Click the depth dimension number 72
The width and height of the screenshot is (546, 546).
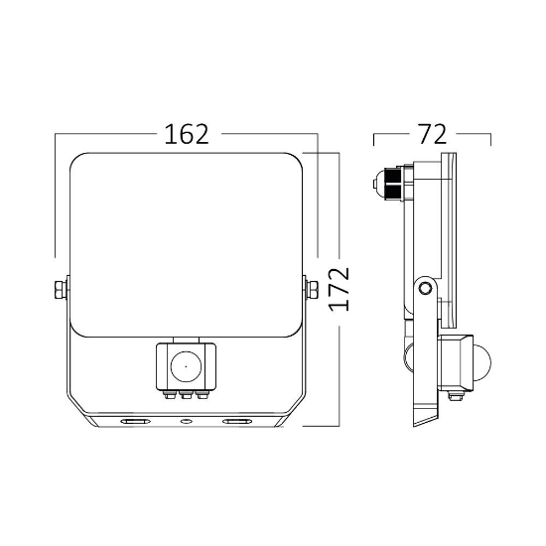431,134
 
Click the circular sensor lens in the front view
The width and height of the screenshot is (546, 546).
185,365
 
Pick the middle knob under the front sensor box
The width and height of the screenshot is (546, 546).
185,396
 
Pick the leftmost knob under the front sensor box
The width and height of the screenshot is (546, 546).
169,396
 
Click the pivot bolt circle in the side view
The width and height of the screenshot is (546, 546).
425,288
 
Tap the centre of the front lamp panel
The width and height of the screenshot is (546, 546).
185,243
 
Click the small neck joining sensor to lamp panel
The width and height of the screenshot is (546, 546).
185,340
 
